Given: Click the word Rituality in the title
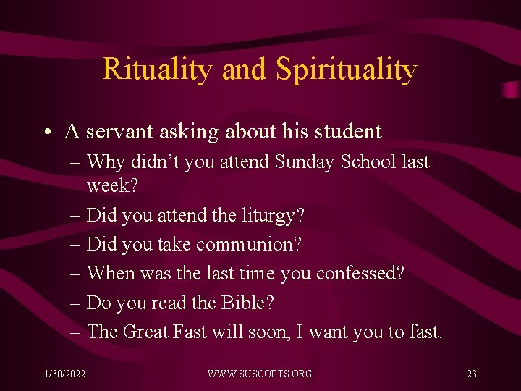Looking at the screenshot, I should pos(158,69).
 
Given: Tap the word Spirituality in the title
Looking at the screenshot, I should pos(346,70).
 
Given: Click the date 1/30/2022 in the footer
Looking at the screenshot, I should pos(64,374).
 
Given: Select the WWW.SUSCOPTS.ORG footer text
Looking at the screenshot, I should pos(260,374).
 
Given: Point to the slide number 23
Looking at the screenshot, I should pos(472,374).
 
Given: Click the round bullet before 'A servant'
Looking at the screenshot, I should pos(46,132).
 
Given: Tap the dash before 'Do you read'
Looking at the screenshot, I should pos(76,303).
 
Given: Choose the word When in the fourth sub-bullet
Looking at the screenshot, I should pos(109,274).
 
